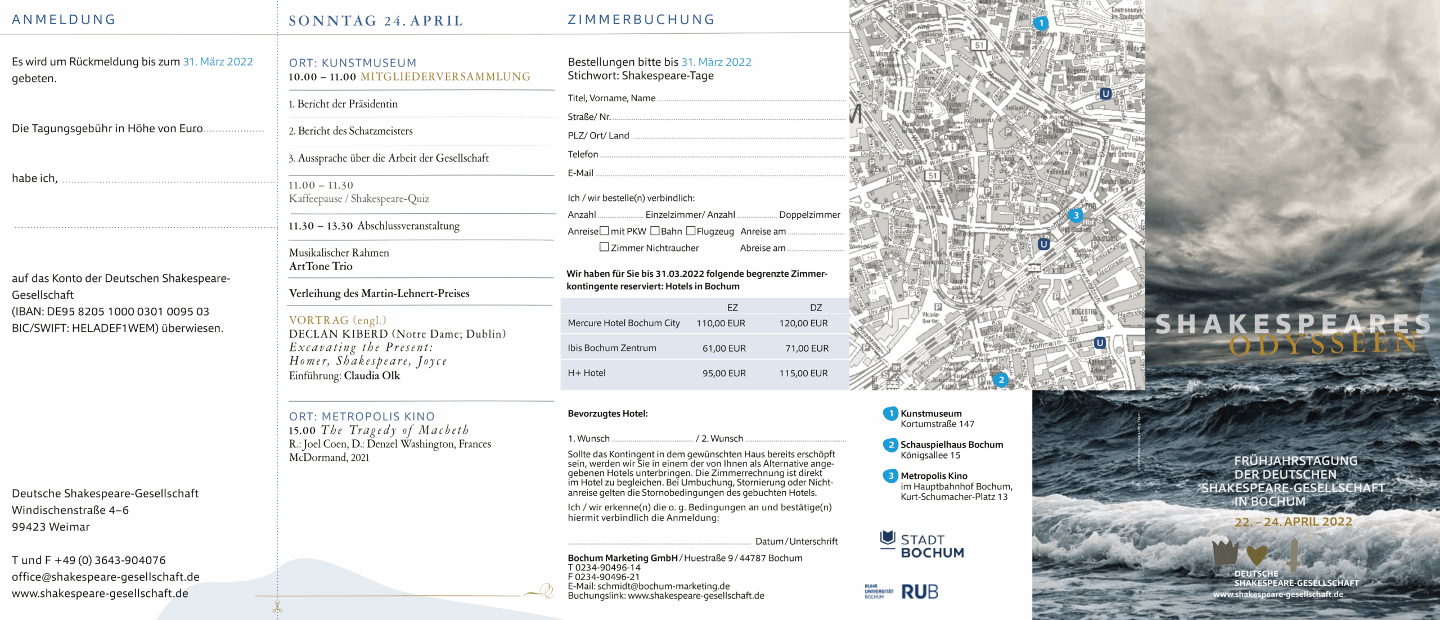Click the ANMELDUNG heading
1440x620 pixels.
point(64,20)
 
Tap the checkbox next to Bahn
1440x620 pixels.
point(655,231)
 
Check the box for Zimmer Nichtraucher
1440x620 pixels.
point(604,247)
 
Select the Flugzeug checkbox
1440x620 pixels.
point(691,231)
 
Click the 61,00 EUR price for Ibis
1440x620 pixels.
point(724,348)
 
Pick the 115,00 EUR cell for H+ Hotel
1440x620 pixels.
point(803,373)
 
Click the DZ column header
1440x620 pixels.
point(816,308)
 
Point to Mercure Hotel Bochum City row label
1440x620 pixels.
point(623,323)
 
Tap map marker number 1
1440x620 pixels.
point(1041,23)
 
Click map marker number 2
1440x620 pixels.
point(1001,380)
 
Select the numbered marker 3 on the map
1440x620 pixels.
point(1075,215)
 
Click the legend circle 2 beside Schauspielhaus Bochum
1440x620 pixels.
point(890,445)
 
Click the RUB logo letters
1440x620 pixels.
point(920,592)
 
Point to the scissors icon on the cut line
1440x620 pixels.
point(277,607)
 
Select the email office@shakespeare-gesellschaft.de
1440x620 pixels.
point(106,577)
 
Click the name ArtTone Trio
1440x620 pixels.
point(321,266)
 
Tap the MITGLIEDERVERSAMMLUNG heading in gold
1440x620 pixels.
point(445,77)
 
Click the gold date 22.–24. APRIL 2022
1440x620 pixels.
point(1293,522)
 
